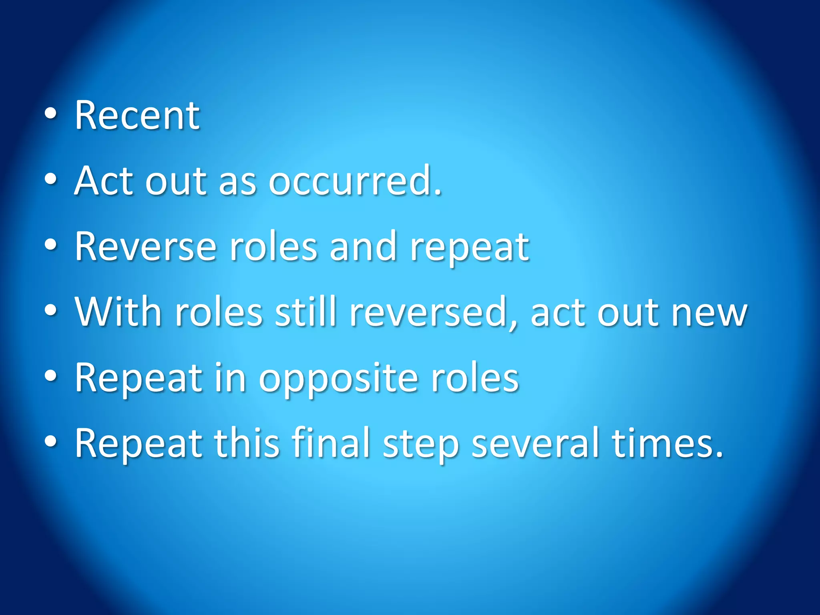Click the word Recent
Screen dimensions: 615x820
point(137,116)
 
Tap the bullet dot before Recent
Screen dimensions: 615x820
point(51,114)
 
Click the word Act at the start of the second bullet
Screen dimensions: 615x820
point(103,181)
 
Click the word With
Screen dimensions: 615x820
point(119,312)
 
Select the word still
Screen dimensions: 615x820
point(305,312)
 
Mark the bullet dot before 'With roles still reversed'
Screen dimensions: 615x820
point(51,311)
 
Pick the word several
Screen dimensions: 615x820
point(535,443)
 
